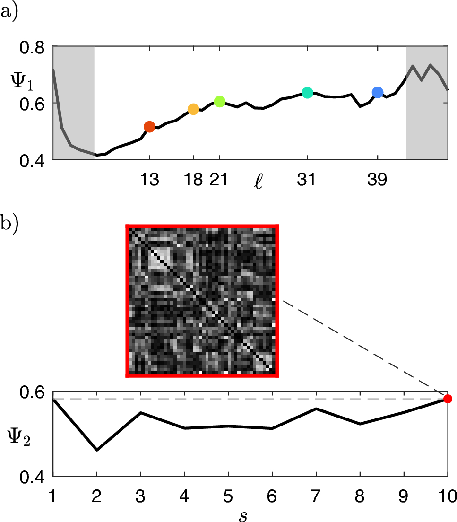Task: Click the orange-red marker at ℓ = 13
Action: click(149, 126)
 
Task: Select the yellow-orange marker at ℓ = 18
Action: click(193, 109)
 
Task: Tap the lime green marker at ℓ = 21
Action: click(219, 101)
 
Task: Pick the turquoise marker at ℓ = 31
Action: click(307, 93)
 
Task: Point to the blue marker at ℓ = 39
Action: click(377, 92)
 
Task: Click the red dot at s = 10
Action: click(448, 399)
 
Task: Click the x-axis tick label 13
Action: click(149, 180)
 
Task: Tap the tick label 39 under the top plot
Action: click(377, 180)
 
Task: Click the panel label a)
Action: click(9, 10)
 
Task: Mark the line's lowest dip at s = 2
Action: click(97, 450)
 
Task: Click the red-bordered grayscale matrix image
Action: click(202, 301)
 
